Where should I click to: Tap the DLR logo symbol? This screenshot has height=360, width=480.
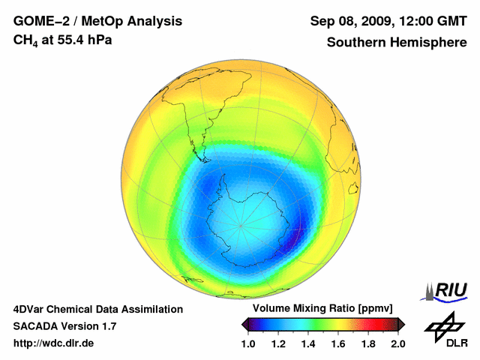point(439,327)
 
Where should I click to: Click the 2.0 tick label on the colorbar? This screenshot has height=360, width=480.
point(397,343)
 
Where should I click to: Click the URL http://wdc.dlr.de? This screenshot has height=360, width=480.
point(54,343)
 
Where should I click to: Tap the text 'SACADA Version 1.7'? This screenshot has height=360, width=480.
point(64,326)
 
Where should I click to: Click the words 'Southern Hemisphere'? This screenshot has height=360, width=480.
point(396,42)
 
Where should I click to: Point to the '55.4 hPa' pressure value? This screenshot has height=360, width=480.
point(88,40)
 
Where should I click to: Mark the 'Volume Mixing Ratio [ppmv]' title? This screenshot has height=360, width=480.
point(323,308)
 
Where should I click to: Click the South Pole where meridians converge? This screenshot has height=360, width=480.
point(241,225)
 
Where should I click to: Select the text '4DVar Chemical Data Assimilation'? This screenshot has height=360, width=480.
point(98,309)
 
